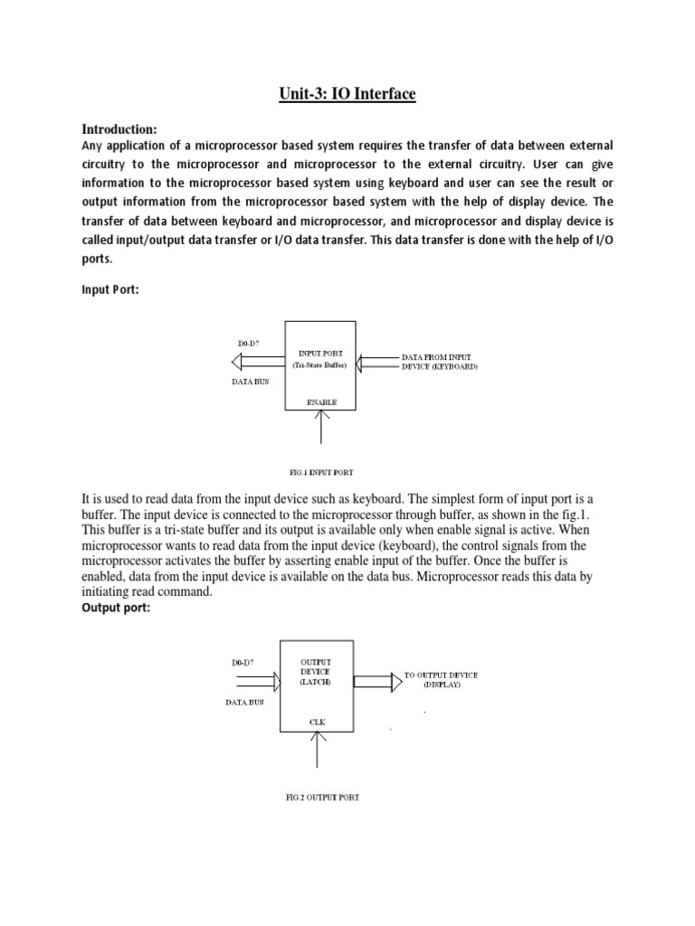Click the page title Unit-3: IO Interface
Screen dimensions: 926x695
point(347,93)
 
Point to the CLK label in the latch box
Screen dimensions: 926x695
point(318,723)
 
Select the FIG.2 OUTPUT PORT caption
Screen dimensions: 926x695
point(321,797)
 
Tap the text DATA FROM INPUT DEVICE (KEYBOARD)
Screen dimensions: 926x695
point(441,362)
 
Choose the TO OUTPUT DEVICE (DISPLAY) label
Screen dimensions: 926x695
point(441,679)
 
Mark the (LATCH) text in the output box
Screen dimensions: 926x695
point(316,683)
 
